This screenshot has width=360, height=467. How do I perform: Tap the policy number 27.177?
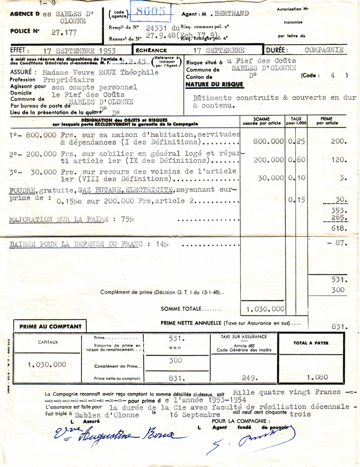[64, 32]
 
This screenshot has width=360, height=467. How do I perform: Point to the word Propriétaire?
[69, 80]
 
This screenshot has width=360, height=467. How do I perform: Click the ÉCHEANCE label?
[151, 50]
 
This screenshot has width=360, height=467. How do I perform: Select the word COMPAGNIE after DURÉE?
[324, 50]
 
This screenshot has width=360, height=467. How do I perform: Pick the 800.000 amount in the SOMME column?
[269, 141]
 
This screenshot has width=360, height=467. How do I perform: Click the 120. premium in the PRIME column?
[339, 161]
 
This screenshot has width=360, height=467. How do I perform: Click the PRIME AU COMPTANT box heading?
[51, 326]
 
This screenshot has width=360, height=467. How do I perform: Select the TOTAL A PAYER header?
[311, 343]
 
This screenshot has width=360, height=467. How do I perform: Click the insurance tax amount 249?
[250, 378]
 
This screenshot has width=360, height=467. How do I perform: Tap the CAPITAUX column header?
[48, 342]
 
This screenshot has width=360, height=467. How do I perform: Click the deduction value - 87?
[337, 243]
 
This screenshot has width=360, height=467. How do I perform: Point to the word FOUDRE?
[23, 190]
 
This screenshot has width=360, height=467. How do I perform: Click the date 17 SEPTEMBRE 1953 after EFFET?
[79, 51]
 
